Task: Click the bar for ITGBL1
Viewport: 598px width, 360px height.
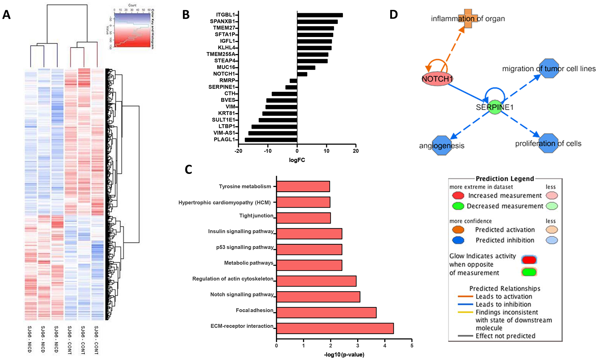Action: (x=320, y=15)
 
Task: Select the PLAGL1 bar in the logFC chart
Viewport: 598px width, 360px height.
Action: (x=271, y=140)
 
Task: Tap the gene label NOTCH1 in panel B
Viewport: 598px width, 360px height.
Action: (x=224, y=74)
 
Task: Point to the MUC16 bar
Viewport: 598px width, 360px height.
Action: (x=306, y=68)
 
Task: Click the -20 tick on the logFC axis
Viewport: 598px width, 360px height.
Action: (x=238, y=151)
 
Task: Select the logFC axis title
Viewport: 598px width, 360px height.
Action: (x=297, y=160)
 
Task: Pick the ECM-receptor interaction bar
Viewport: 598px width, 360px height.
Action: (x=335, y=328)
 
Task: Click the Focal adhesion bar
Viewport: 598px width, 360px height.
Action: (x=326, y=312)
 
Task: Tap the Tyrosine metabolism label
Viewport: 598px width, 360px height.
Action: (x=245, y=186)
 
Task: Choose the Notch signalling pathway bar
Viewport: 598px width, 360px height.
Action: (x=318, y=297)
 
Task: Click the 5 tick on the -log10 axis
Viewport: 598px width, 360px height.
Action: (x=412, y=346)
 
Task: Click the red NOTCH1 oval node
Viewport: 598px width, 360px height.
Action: (x=437, y=79)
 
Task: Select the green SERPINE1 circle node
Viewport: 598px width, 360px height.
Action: (x=495, y=107)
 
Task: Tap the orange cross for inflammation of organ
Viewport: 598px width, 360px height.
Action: (x=468, y=19)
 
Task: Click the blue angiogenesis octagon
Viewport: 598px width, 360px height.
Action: (x=442, y=145)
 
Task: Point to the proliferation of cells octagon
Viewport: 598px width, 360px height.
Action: (x=548, y=143)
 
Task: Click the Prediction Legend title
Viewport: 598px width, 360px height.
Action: (x=505, y=179)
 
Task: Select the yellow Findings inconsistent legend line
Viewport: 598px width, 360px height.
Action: (x=465, y=312)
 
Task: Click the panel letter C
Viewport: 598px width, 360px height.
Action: (x=188, y=169)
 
